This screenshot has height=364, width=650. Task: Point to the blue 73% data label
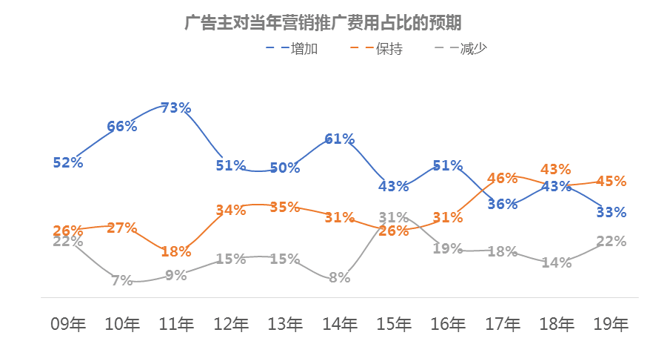coord(176,107)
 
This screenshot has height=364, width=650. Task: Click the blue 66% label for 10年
coord(122,126)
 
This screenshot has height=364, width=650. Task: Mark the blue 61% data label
coord(339,139)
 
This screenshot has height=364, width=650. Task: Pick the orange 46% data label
coord(502,178)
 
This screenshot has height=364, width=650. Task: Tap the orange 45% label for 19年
coord(611,181)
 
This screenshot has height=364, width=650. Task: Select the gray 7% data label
coord(122,280)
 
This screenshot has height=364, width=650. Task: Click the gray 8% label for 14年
coord(339,278)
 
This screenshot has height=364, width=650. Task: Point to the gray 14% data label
coord(556,262)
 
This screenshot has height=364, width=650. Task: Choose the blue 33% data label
coord(611,212)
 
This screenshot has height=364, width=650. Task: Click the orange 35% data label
coord(285,207)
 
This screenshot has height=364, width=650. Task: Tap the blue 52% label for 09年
coord(68,162)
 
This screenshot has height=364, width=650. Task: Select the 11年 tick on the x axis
coord(176,324)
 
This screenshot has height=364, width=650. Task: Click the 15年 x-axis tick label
coord(394,324)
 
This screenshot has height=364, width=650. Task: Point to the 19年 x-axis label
coord(611,324)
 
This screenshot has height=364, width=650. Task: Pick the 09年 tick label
coord(68,324)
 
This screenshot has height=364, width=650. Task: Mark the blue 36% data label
coord(503,204)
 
